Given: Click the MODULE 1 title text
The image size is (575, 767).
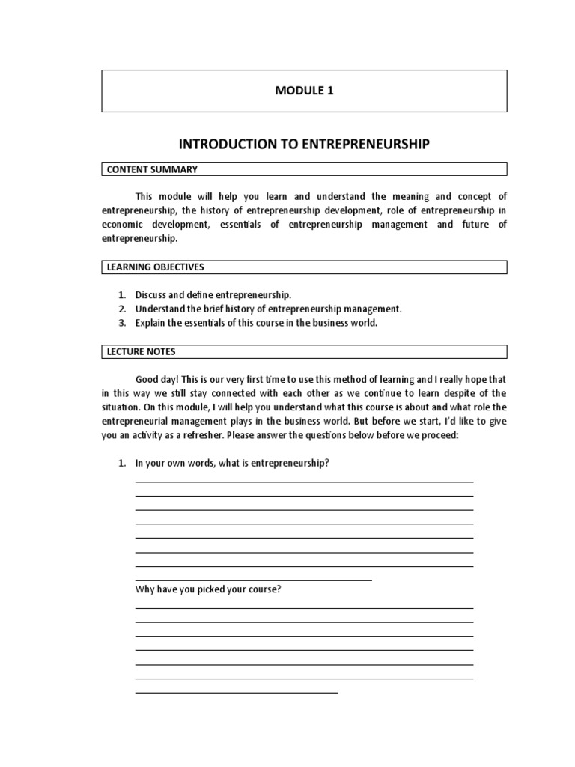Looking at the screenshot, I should [x=304, y=91].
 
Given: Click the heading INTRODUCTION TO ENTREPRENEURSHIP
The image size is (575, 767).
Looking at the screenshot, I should [x=304, y=144].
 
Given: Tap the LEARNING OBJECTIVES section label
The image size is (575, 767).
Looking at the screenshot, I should [x=155, y=267].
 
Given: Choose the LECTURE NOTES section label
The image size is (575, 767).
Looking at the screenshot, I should [x=141, y=351].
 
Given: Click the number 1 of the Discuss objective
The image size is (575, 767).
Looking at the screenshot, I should [x=121, y=295].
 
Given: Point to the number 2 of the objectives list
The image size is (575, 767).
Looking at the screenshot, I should [x=121, y=309].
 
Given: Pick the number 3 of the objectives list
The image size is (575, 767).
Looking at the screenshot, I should [x=121, y=323].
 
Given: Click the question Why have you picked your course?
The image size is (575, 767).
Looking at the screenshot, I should [x=208, y=589].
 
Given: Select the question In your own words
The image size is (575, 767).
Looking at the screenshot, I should [x=232, y=464].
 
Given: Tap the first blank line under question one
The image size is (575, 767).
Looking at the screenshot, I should [x=304, y=482].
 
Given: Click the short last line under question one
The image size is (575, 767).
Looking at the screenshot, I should [x=253, y=580].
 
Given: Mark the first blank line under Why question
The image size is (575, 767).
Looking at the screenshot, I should [x=304, y=609].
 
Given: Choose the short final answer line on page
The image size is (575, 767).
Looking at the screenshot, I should [x=237, y=693].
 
